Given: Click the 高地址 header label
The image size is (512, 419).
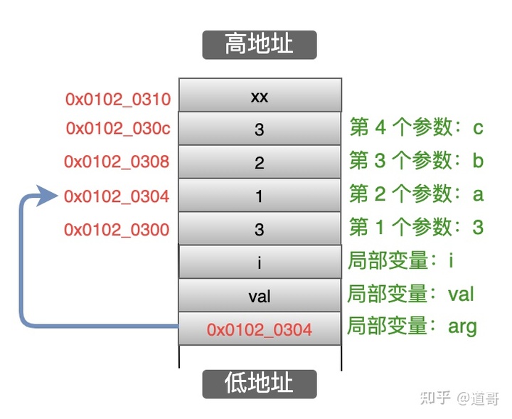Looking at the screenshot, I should [x=259, y=44].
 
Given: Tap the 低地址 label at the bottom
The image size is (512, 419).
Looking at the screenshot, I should [x=259, y=383].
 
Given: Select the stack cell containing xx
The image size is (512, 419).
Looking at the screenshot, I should [x=260, y=96].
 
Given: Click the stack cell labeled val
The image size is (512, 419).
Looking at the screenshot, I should [x=260, y=296].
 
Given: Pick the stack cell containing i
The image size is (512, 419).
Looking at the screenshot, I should [x=260, y=262].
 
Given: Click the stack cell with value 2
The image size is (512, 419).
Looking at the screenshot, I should [x=260, y=163].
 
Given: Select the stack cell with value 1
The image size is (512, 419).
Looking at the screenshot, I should [x=260, y=196].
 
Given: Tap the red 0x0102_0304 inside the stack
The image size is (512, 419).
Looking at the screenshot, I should [x=260, y=329].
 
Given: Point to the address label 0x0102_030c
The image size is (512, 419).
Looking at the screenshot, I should [x=118, y=129].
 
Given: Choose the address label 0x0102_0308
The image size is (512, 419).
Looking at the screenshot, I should [x=117, y=161].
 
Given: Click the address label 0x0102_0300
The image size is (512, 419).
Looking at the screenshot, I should [x=117, y=229].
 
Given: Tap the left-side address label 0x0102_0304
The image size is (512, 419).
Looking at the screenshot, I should [x=117, y=196].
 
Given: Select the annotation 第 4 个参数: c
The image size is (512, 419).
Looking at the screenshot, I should [x=417, y=127].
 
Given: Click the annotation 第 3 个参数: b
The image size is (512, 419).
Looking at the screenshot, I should [x=417, y=161].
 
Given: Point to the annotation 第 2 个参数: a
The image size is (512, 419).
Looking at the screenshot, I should [x=417, y=193].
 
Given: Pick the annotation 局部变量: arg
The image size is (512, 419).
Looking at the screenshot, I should [x=412, y=327].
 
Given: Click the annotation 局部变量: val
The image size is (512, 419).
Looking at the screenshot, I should [x=410, y=294].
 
